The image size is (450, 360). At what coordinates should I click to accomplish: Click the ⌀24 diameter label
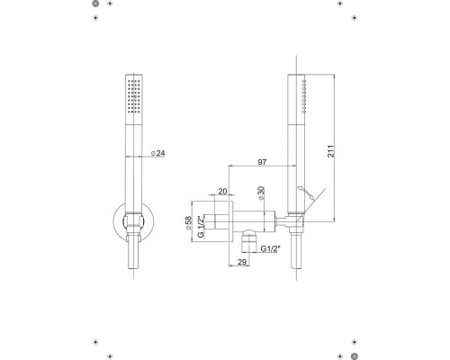click(x=157, y=153)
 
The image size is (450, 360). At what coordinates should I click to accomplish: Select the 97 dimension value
click(x=262, y=162)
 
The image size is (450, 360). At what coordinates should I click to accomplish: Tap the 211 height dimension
click(x=330, y=151)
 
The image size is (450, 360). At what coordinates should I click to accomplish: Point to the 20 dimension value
click(x=222, y=191)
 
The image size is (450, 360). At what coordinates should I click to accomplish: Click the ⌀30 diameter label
click(x=261, y=193)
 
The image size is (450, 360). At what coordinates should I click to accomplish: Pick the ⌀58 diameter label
click(x=188, y=223)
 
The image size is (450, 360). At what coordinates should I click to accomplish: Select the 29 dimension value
click(x=242, y=262)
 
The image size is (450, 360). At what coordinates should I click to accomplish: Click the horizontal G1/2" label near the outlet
click(x=270, y=248)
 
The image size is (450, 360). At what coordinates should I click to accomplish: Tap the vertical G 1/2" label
click(x=201, y=227)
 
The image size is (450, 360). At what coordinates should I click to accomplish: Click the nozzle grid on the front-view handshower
click(x=134, y=96)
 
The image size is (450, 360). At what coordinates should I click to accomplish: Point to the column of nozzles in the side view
click(x=304, y=96)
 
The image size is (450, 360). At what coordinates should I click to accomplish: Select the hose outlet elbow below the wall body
click(x=249, y=241)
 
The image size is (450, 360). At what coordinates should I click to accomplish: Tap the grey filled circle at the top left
click(x=95, y=4)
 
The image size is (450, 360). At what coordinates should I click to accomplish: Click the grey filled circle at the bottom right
click(x=355, y=356)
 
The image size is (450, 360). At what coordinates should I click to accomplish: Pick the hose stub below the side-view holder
click(x=296, y=251)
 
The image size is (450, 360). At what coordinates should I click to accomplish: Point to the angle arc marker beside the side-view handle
click(x=306, y=193)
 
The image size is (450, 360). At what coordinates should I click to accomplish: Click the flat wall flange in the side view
click(x=230, y=221)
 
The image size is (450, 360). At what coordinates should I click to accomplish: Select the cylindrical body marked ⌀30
click(x=254, y=221)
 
